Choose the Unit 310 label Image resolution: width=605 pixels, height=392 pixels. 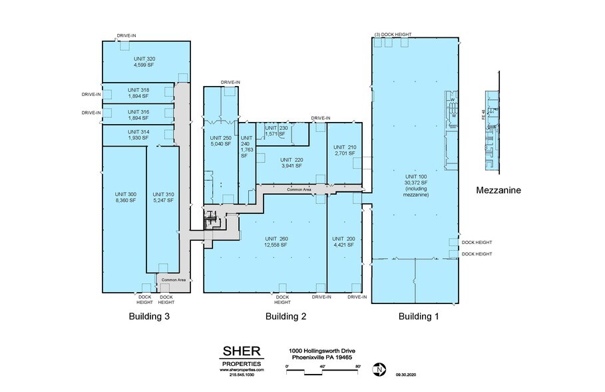pyautogui.click(x=162, y=193)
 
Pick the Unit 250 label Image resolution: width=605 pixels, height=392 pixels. pyautogui.click(x=220, y=137)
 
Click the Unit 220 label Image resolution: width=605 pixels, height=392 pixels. pyautogui.click(x=291, y=160)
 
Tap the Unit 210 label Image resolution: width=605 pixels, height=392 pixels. pyautogui.click(x=345, y=147)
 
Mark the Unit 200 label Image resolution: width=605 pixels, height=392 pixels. pyautogui.click(x=344, y=238)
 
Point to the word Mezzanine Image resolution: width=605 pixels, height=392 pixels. pyautogui.click(x=499, y=191)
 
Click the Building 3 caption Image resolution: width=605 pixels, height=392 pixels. pyautogui.click(x=149, y=317)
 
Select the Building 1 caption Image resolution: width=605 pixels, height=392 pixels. pyautogui.click(x=419, y=317)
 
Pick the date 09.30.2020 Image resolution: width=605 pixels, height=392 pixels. pyautogui.click(x=407, y=375)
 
